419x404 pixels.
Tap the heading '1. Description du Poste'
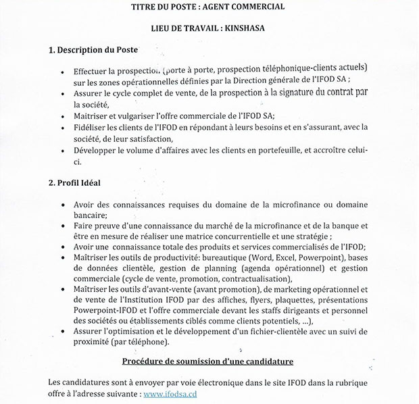94,51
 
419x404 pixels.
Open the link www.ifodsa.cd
172,393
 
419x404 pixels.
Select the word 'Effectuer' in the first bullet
95,70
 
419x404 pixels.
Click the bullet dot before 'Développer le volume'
63,151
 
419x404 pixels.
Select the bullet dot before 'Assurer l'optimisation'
63,332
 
